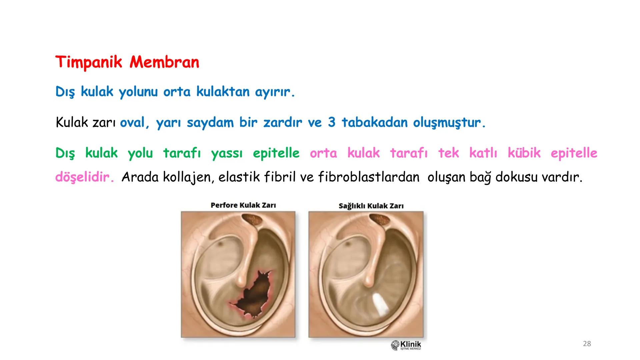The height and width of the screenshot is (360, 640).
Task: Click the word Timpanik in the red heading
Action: pyautogui.click(x=89, y=62)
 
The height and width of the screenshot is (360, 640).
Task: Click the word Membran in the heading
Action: pyautogui.click(x=164, y=62)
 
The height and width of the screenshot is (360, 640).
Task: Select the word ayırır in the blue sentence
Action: pyautogui.click(x=275, y=92)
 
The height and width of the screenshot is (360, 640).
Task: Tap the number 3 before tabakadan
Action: pyautogui.click(x=331, y=122)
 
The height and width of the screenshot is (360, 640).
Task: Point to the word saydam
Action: pyautogui.click(x=210, y=123)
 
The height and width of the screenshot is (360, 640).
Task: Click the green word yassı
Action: pyautogui.click(x=227, y=153)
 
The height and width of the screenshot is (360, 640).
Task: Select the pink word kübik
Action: pyautogui.click(x=524, y=153)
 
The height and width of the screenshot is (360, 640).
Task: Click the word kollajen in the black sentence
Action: pyautogui.click(x=188, y=177)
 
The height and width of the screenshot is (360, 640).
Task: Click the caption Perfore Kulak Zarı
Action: pyautogui.click(x=243, y=205)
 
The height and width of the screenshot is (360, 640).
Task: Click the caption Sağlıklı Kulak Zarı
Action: pyautogui.click(x=371, y=206)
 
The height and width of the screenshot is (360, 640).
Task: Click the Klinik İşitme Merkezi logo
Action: pyautogui.click(x=406, y=345)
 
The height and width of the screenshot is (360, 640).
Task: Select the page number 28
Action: pyautogui.click(x=587, y=344)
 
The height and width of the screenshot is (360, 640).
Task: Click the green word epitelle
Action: pyautogui.click(x=276, y=153)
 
